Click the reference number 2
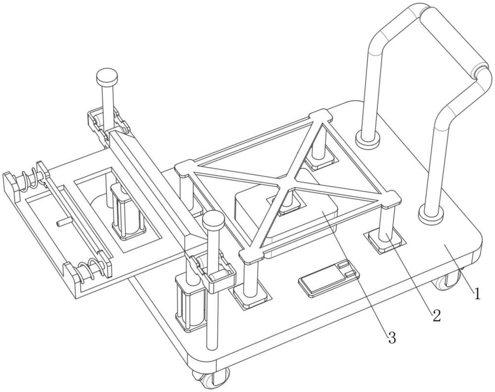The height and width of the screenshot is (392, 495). (436, 315)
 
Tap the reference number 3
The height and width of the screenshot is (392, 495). (392, 338)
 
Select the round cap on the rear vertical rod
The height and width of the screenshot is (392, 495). (106, 76)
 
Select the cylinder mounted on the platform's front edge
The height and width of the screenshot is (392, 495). (191, 304)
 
